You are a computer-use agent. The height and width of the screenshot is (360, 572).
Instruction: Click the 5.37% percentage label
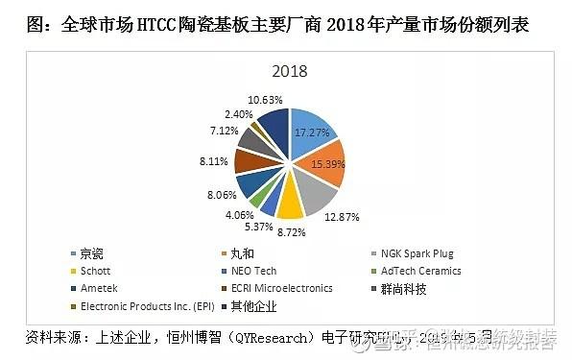pos(256,227)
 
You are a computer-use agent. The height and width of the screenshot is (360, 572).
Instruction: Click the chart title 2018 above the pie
pos(288,72)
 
